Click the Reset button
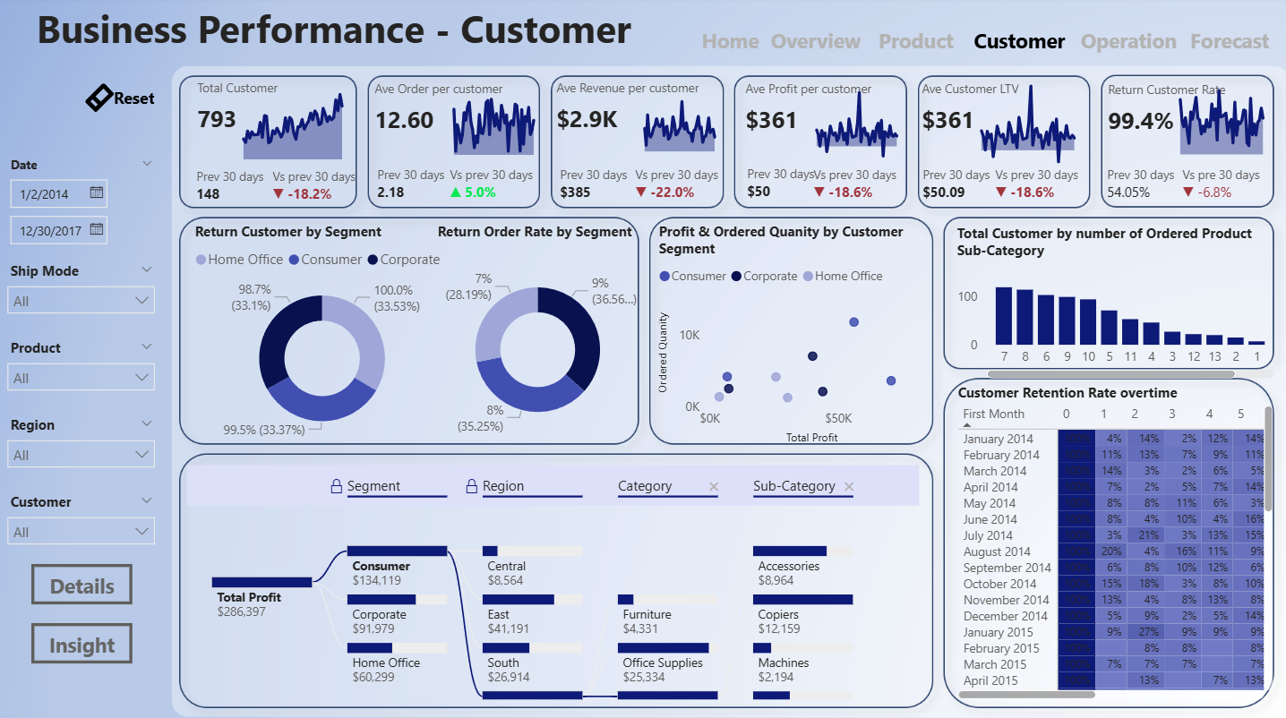(x=121, y=98)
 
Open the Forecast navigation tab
(x=1229, y=41)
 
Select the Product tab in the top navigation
(x=915, y=41)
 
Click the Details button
(x=81, y=586)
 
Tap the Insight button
(x=81, y=645)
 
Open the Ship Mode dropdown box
(x=81, y=301)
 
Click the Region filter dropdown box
(x=81, y=455)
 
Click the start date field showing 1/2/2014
(x=58, y=192)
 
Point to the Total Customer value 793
(x=217, y=119)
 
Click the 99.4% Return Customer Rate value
(x=1140, y=121)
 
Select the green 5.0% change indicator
(x=475, y=192)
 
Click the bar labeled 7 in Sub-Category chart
(x=1003, y=317)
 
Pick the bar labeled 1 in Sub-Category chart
(x=1256, y=343)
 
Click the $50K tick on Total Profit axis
(x=838, y=418)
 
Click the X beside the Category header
(x=714, y=486)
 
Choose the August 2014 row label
(x=997, y=551)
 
